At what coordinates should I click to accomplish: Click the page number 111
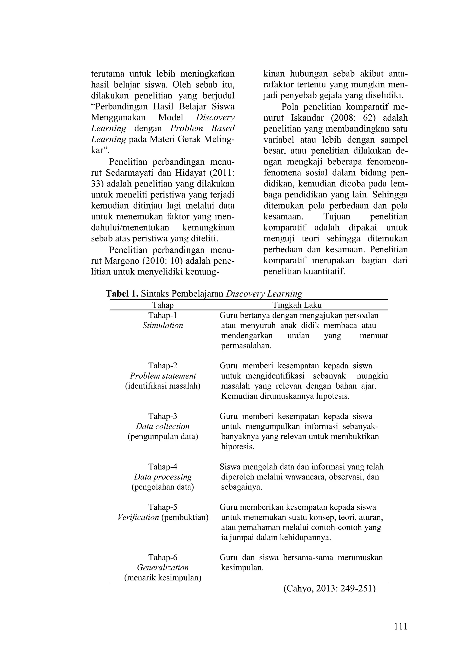[x=400, y=627]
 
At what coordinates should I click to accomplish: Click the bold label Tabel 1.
[x=122, y=294]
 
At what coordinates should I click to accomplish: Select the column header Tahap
[x=163, y=305]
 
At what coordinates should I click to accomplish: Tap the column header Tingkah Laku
[x=297, y=305]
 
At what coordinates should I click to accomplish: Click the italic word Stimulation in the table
[x=163, y=325]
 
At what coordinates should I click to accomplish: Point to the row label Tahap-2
[x=163, y=366]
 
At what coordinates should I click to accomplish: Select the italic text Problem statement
[x=163, y=376]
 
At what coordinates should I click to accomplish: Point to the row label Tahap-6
[x=163, y=557]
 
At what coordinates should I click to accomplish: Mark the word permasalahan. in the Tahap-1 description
[x=246, y=346]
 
